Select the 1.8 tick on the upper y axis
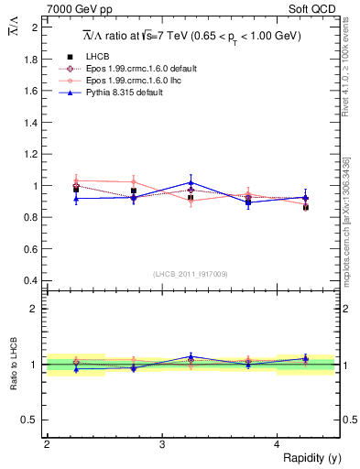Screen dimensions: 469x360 pos(32,59)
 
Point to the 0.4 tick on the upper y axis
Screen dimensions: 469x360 pos(32,280)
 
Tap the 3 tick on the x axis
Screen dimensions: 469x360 pos(162,444)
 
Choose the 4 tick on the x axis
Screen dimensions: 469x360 pos(278,444)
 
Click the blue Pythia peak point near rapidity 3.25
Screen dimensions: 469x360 pos(191,182)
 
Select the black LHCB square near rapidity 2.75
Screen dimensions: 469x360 pos(134,191)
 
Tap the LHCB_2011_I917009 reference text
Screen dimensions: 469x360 pos(191,273)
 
